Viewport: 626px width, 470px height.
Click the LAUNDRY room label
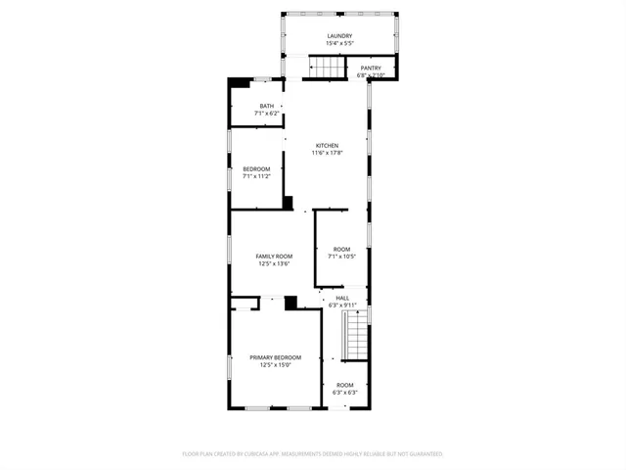[339, 36]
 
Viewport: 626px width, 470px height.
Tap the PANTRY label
[372, 68]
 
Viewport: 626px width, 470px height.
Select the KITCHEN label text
[326, 145]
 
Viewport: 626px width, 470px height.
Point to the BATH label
[266, 106]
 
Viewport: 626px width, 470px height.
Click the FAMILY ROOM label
[275, 256]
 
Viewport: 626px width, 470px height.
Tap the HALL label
[342, 298]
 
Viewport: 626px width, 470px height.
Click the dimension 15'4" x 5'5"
[339, 44]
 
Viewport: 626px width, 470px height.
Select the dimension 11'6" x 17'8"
[326, 153]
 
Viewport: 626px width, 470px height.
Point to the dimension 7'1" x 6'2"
[266, 114]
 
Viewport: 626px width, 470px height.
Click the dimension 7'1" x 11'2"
[256, 176]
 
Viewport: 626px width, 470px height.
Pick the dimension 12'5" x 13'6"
[275, 263]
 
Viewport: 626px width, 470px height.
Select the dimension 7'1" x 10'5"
[341, 257]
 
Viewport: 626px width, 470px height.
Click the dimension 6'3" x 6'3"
[345, 393]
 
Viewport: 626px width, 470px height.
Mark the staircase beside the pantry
[329, 67]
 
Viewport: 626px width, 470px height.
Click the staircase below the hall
[358, 334]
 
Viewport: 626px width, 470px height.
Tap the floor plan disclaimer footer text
[313, 454]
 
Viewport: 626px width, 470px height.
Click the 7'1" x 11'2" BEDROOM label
[256, 168]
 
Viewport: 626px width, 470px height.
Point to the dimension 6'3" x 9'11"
[342, 305]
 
